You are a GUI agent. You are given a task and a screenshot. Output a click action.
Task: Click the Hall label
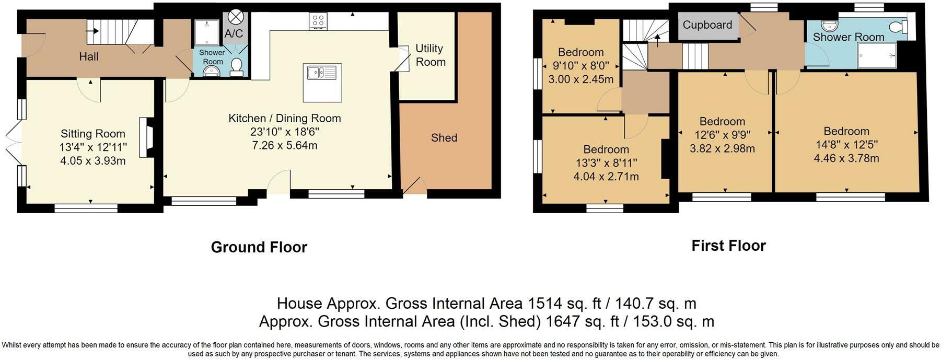pos(89,56)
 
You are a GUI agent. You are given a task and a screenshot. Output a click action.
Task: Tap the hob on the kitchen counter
pos(318,21)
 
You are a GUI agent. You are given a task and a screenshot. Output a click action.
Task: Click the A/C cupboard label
pos(234,34)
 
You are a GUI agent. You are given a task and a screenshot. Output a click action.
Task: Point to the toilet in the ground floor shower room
pos(237,67)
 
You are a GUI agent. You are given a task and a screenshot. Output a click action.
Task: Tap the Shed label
pos(444,138)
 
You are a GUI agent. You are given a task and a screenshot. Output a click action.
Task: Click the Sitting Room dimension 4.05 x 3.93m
pos(93,161)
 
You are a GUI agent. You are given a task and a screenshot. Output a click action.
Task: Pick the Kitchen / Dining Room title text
pos(285,118)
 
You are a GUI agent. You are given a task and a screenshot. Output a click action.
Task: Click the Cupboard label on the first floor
pos(707,25)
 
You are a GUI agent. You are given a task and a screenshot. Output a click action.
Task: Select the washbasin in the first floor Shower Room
pos(829,25)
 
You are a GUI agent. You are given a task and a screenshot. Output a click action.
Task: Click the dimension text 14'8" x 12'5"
pos(846,145)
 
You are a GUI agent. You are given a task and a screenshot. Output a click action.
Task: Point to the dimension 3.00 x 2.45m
pos(581,79)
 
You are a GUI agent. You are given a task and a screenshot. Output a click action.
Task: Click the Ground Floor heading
pos(259,247)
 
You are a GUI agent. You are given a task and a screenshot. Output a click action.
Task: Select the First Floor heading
pos(728,246)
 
